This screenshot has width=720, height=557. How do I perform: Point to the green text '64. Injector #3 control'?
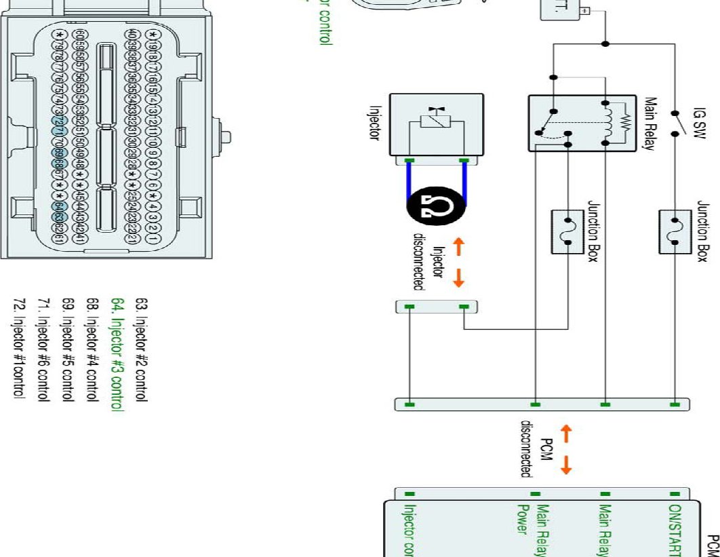pos(117,355)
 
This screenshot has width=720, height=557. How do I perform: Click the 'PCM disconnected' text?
pos(534,448)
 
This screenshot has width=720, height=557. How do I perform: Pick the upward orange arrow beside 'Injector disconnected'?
pos(458,246)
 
